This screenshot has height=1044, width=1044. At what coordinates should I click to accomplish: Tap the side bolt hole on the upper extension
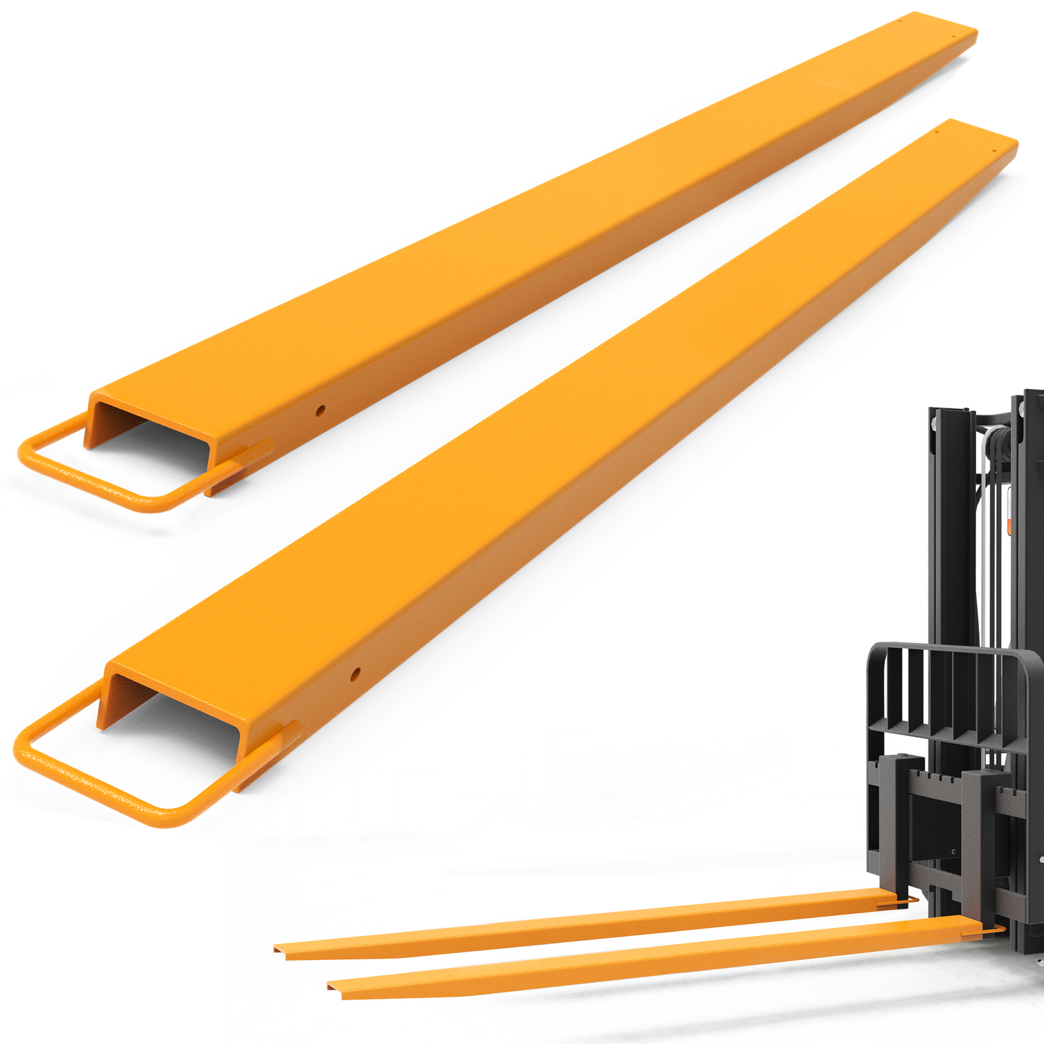320,410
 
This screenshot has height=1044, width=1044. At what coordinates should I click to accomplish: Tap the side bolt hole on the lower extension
355,673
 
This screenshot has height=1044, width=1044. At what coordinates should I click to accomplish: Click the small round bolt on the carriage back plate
954,852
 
